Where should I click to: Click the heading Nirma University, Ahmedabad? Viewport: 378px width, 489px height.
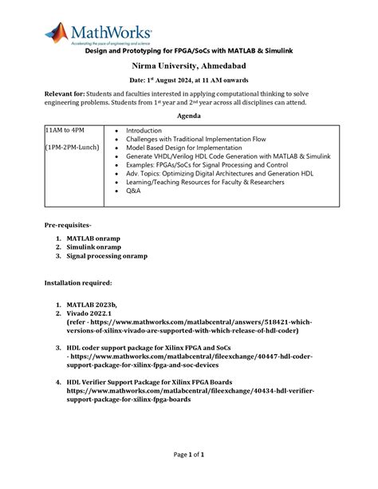[x=188, y=65]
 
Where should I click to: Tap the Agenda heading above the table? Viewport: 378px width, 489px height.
[x=188, y=115]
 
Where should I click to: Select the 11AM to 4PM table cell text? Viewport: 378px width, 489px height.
[x=65, y=129]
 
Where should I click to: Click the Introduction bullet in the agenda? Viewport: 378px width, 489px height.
[x=144, y=129]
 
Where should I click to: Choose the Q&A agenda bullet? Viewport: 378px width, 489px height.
[x=133, y=191]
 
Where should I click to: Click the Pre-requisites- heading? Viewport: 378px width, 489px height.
[x=68, y=227]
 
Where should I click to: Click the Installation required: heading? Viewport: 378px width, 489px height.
[x=78, y=282]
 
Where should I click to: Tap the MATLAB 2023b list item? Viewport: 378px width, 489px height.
[x=92, y=305]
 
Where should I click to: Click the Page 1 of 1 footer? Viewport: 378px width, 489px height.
[x=189, y=455]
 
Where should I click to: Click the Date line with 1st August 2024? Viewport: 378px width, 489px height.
[x=188, y=81]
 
